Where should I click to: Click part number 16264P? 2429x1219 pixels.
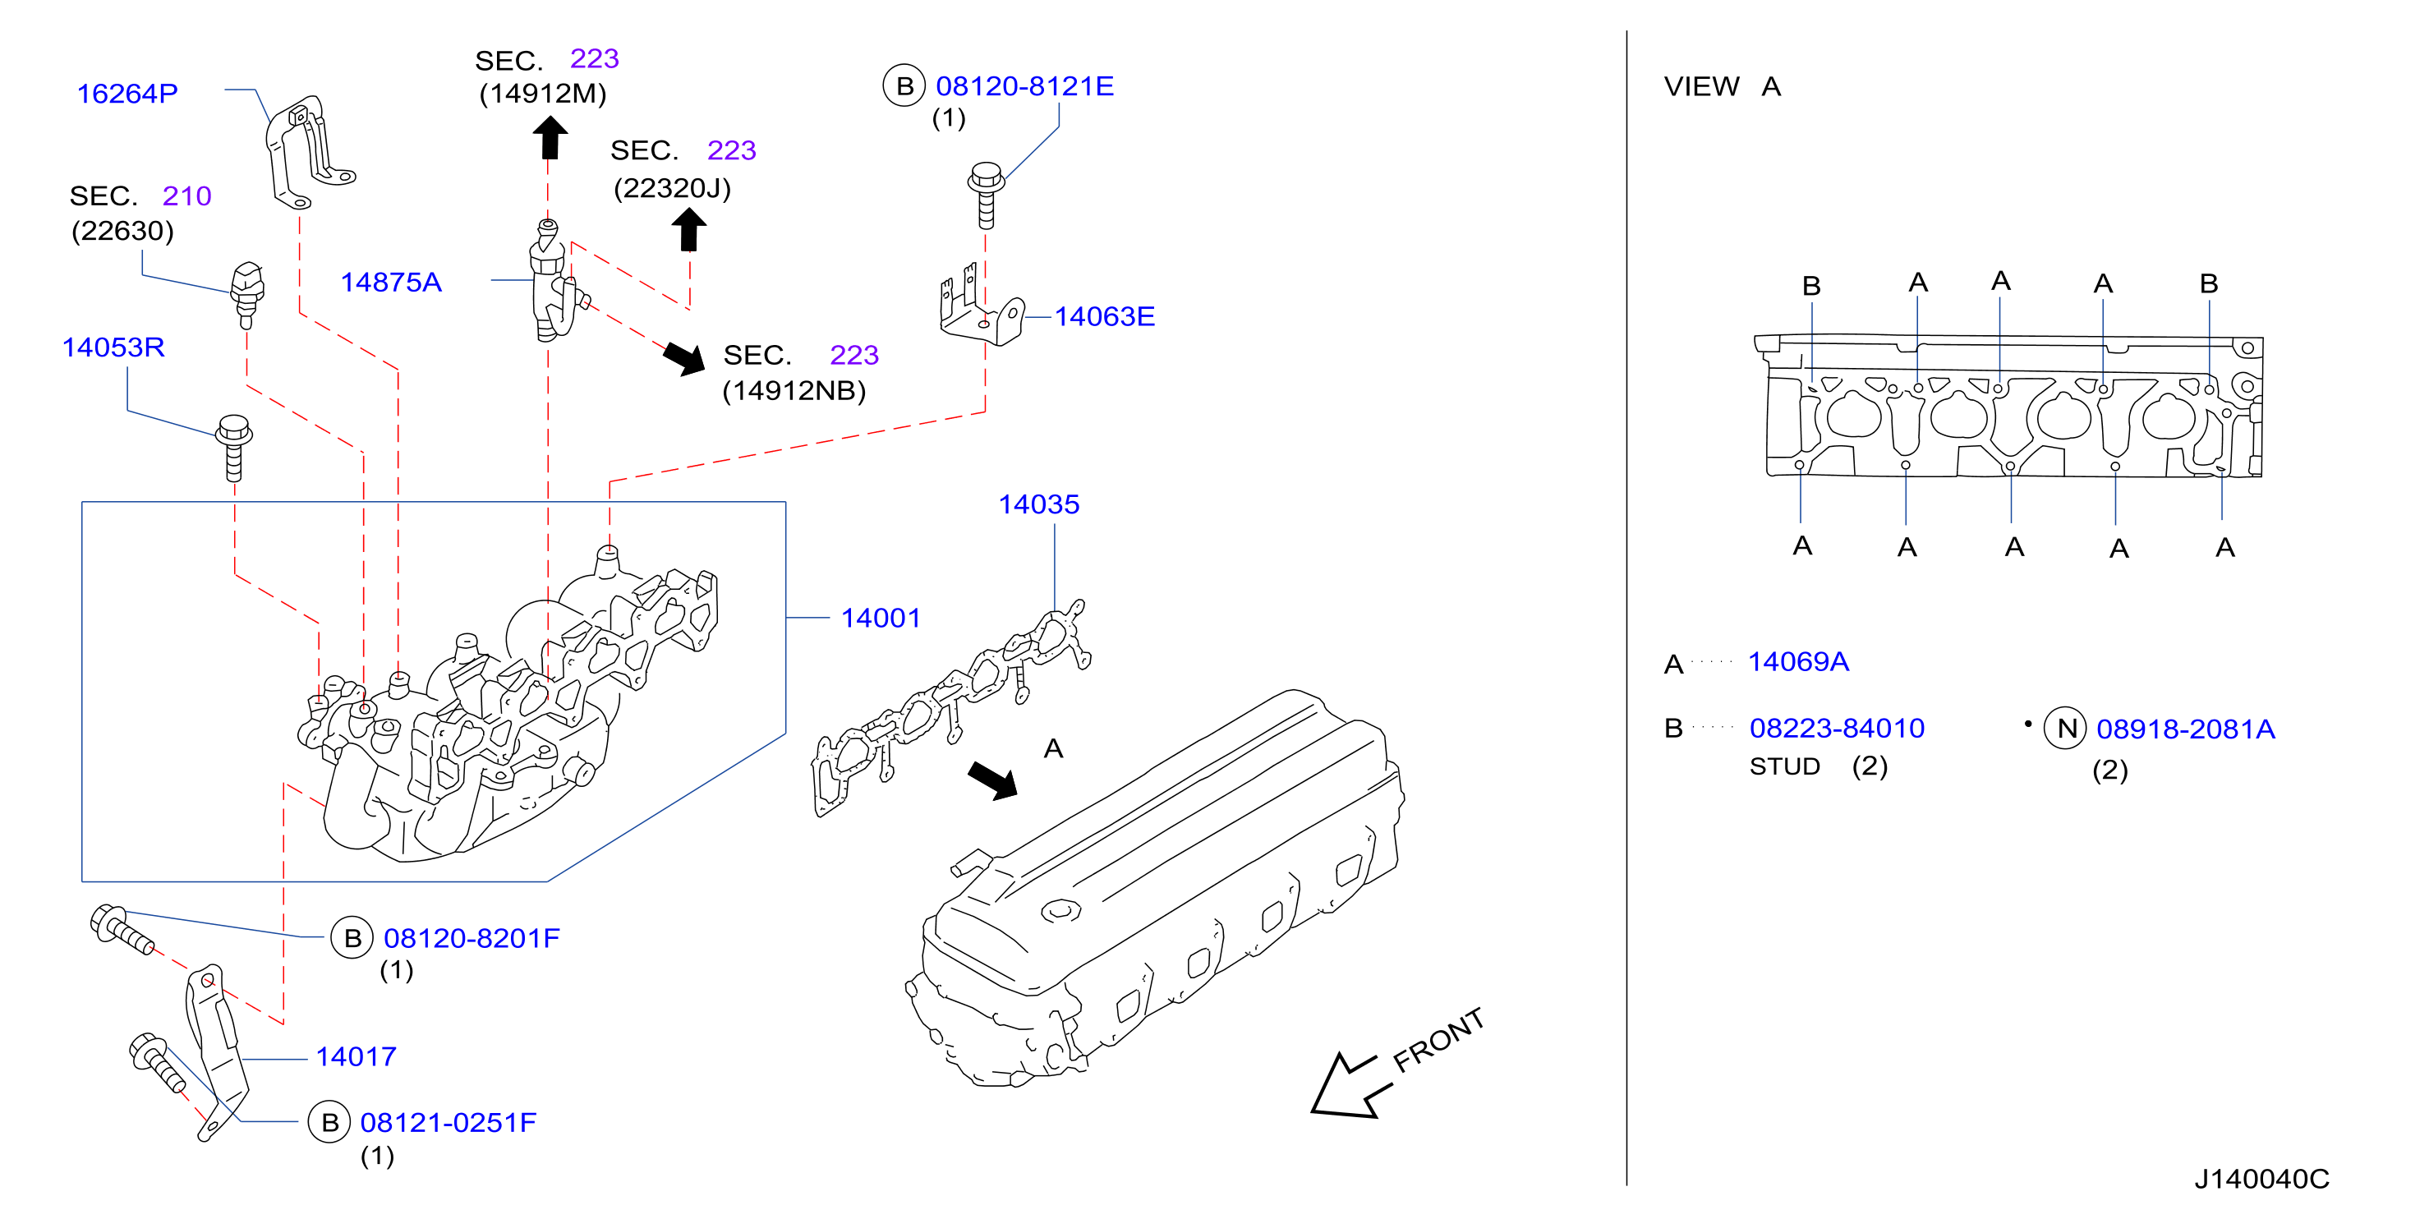point(127,94)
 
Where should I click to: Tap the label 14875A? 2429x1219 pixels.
point(390,282)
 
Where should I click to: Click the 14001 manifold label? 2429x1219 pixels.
point(881,618)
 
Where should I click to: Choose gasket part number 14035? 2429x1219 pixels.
point(1039,504)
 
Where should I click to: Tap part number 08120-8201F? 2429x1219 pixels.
point(472,938)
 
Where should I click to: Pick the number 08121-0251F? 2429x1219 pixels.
point(448,1122)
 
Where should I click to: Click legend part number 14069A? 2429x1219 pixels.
point(1798,662)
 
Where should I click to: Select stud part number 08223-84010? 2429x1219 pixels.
point(1837,728)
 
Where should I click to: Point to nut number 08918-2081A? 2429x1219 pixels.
point(2186,729)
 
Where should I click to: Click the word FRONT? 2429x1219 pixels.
point(1439,1040)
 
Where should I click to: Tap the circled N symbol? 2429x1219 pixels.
point(2065,728)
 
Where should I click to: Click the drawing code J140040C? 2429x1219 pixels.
point(2262,1179)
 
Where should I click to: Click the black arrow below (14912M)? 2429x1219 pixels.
point(550,138)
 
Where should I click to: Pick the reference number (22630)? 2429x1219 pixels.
point(122,231)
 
